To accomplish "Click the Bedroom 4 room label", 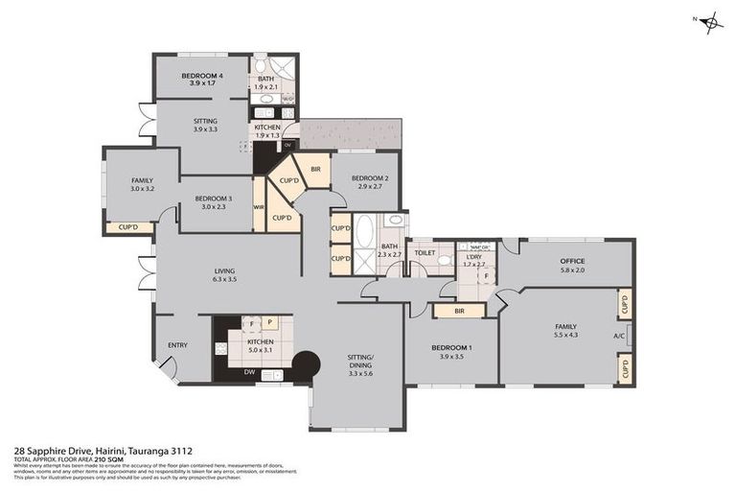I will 202,76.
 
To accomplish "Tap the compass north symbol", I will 710,24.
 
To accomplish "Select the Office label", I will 572,261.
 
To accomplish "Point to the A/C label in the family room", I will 619,337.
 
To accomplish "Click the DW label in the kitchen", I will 249,371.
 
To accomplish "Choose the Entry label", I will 177,346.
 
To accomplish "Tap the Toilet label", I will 424,253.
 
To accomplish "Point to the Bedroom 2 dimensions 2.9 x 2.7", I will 369,187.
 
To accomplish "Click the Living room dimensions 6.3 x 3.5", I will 225,279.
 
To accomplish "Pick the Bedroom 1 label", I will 450,347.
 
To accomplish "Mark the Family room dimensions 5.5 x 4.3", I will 571,334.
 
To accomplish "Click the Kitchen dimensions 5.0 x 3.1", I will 261,351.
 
